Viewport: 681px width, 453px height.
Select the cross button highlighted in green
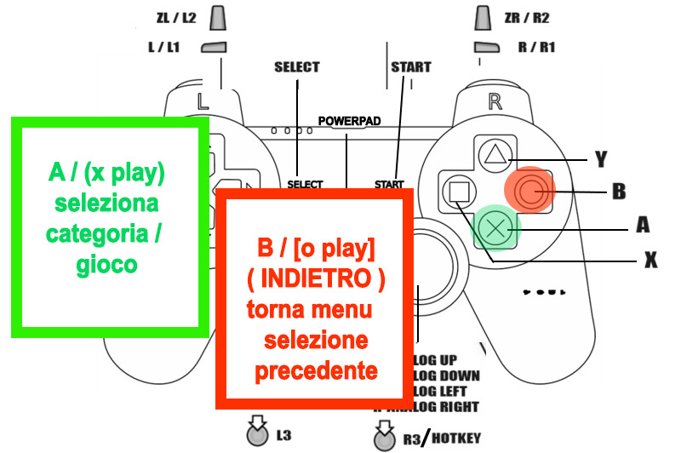coord(494,227)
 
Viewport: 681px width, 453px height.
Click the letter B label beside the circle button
coord(620,191)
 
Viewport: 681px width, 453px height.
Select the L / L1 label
coord(163,48)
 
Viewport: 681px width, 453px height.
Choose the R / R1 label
coord(536,48)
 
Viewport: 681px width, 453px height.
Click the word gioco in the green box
coord(106,264)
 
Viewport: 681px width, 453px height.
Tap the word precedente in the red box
coord(317,372)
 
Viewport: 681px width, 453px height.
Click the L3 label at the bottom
coord(285,436)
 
